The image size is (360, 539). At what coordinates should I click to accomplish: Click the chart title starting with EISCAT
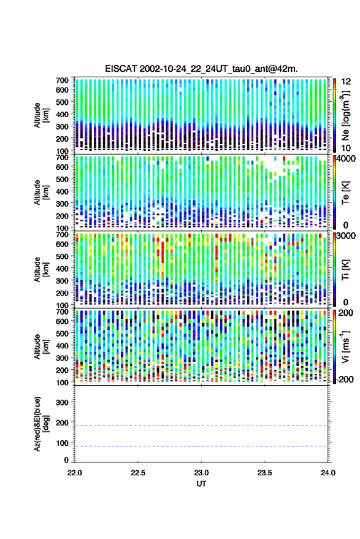pos(201,69)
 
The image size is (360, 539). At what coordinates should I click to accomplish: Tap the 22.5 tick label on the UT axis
pos(138,473)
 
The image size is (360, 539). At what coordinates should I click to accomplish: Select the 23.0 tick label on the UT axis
pos(202,473)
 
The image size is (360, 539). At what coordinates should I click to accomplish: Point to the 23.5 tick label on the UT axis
pos(265,473)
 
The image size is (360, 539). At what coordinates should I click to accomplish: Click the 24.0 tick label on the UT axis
pos(328,473)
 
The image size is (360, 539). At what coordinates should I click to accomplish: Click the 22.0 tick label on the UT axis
pos(75,473)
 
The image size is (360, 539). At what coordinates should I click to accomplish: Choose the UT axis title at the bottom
pos(201,484)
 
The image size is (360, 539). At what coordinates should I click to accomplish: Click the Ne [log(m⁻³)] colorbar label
pos(345,115)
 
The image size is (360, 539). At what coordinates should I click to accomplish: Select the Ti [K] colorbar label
pos(345,270)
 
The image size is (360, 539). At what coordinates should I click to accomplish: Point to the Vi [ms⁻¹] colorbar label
pos(345,346)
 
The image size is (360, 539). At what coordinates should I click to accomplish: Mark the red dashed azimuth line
pos(201,426)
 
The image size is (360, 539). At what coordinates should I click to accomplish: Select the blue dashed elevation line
pos(201,446)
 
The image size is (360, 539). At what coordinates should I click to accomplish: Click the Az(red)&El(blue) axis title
pos(40,424)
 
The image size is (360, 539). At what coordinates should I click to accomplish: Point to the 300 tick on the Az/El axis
pos(62,402)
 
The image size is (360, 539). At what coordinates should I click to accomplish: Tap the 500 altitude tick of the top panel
pos(62,102)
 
